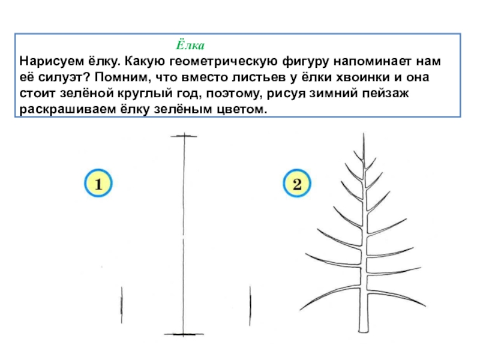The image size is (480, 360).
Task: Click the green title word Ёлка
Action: [x=190, y=44]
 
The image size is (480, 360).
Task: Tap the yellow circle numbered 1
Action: [x=98, y=183]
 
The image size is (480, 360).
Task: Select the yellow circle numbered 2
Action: [x=297, y=183]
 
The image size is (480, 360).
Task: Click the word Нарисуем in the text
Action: [x=52, y=62]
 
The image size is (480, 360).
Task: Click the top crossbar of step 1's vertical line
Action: [x=184, y=136]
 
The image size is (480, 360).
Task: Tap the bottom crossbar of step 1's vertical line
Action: [x=184, y=334]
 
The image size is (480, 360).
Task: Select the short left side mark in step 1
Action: [x=122, y=305]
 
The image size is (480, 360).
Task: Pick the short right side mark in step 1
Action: [x=250, y=305]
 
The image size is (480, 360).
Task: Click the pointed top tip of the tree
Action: [x=364, y=133]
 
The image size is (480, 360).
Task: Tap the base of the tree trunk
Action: [x=364, y=331]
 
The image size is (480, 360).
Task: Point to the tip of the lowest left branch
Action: [x=301, y=310]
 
